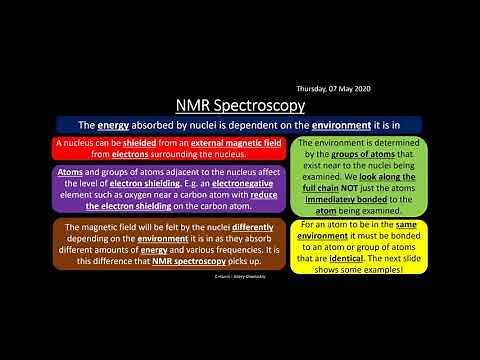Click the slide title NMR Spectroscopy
click(240, 105)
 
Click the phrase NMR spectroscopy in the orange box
click(192, 261)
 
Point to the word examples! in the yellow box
click(379, 272)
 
